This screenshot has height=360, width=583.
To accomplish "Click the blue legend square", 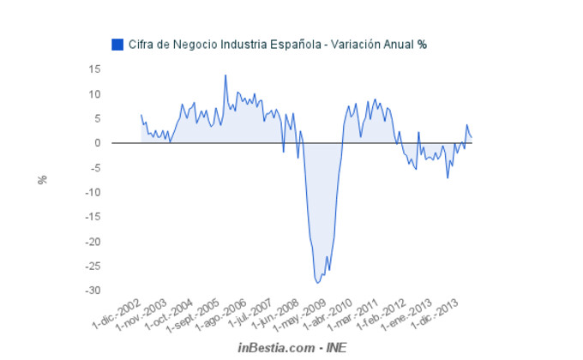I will click(x=117, y=44).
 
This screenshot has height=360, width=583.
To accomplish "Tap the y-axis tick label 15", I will click(x=95, y=69).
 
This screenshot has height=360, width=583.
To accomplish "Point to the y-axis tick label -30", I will click(x=93, y=291).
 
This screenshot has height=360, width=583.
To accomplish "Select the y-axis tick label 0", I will click(x=98, y=143).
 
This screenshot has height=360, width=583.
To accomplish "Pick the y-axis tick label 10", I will click(x=95, y=93).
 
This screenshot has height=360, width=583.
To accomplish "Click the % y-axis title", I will click(x=41, y=180).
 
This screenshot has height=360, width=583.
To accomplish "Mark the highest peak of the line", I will click(x=225, y=75).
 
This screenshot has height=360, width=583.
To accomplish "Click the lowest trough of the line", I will click(x=318, y=283).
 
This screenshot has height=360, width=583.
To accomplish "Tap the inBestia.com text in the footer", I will click(x=276, y=348).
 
